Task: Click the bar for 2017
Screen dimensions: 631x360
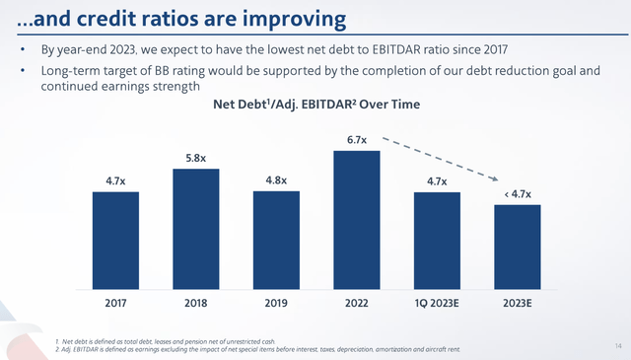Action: click(115, 241)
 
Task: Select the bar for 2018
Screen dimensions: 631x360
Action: click(196, 229)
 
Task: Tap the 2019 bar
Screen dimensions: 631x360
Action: click(276, 240)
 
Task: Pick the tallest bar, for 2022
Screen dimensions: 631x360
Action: click(357, 220)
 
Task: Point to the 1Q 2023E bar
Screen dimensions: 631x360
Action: click(437, 241)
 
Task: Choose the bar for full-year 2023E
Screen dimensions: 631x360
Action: click(518, 247)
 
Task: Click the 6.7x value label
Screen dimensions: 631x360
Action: click(357, 140)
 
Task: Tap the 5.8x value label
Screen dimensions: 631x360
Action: click(196, 158)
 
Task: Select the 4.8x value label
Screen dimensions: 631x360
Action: click(276, 180)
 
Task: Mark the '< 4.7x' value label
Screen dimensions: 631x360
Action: click(518, 194)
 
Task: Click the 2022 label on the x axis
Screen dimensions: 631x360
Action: click(357, 303)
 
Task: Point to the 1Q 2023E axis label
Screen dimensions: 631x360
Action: click(437, 303)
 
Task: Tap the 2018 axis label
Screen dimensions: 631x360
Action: click(196, 303)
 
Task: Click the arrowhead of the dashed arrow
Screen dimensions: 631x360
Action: click(495, 179)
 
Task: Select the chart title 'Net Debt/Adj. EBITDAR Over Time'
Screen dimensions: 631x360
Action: click(316, 105)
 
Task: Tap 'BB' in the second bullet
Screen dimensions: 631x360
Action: click(162, 70)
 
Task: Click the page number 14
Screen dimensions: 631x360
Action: click(618, 346)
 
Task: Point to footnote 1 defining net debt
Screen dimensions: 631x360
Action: click(166, 341)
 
